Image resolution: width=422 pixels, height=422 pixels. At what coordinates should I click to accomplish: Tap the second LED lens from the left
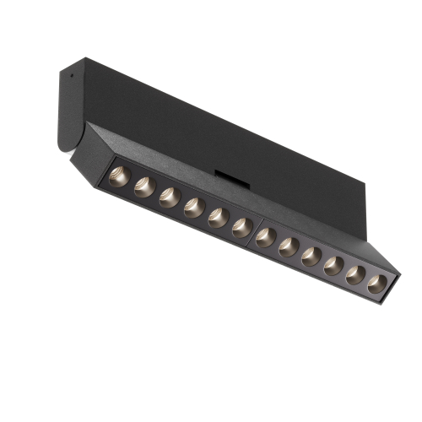pyautogui.click(x=144, y=187)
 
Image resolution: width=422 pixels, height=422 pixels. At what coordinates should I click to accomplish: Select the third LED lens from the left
pyautogui.click(x=169, y=197)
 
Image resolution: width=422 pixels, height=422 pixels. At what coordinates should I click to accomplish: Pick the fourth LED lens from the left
pyautogui.click(x=193, y=206)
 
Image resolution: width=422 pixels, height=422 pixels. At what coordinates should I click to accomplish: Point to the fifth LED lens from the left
pyautogui.click(x=218, y=215)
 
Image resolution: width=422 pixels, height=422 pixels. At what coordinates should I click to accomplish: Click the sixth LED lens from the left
pyautogui.click(x=241, y=225)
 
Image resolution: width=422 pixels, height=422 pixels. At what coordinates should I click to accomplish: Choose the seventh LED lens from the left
pyautogui.click(x=266, y=237)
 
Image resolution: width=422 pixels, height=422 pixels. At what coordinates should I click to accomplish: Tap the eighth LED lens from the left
pyautogui.click(x=289, y=246)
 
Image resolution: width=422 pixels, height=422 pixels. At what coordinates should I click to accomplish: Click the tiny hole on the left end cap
pyautogui.click(x=72, y=74)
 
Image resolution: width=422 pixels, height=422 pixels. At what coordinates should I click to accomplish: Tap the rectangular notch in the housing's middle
pyautogui.click(x=226, y=176)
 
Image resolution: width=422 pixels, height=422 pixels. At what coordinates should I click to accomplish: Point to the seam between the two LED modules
pyautogui.click(x=254, y=230)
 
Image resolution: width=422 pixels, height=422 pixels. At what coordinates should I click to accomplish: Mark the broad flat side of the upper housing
pyautogui.click(x=211, y=127)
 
